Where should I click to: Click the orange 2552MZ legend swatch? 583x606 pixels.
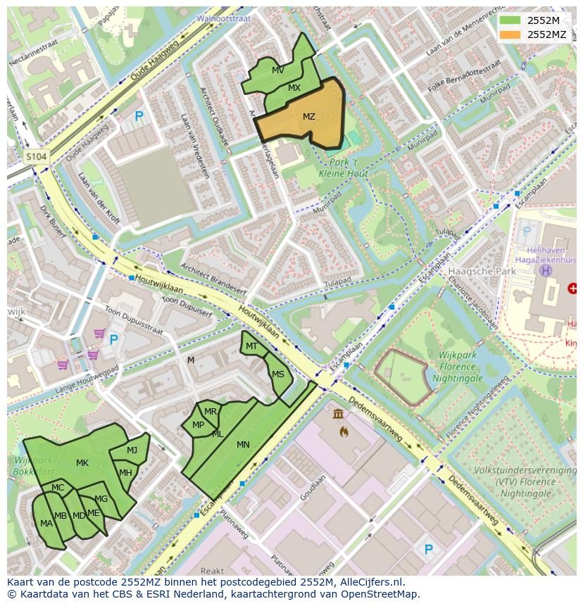click(x=510, y=34)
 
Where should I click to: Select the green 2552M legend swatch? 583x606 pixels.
click(x=510, y=20)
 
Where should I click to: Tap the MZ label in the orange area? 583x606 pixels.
click(x=309, y=117)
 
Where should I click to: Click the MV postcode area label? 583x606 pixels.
click(x=278, y=70)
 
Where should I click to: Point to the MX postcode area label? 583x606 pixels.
click(x=294, y=88)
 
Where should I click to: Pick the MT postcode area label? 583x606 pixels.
click(x=251, y=346)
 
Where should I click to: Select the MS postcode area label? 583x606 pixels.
click(x=278, y=374)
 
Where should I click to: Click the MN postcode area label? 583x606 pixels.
click(x=243, y=445)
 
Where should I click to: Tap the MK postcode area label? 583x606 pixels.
click(x=82, y=463)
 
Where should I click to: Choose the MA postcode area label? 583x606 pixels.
click(x=46, y=524)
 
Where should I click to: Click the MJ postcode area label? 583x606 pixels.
click(x=132, y=450)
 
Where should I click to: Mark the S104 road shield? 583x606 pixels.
click(x=36, y=157)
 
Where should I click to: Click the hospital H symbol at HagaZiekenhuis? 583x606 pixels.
click(x=545, y=270)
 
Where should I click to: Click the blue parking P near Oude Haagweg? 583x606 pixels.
click(x=139, y=117)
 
